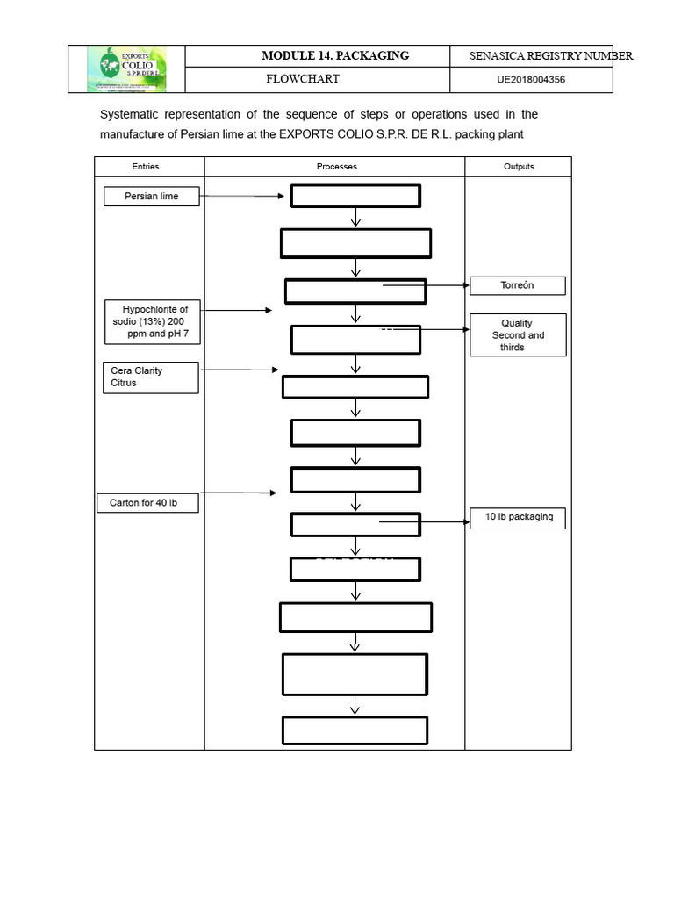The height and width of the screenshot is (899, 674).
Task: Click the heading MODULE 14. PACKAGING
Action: [x=335, y=55]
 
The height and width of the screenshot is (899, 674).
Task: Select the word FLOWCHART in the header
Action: [x=303, y=79]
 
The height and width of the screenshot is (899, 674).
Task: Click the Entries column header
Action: [x=146, y=166]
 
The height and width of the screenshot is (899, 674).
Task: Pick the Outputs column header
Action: [x=519, y=166]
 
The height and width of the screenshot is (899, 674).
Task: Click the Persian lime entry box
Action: [x=152, y=196]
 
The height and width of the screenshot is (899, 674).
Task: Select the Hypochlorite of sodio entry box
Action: [x=150, y=321]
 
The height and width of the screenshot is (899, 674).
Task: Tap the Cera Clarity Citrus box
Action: [x=150, y=377]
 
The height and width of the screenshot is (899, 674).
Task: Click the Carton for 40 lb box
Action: [x=147, y=503]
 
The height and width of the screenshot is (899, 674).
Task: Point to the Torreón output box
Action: [x=518, y=285]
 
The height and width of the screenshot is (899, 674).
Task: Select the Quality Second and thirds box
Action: [x=518, y=334]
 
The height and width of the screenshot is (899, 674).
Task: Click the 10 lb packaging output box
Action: [x=519, y=517]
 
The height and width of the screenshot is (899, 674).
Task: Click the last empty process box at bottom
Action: [x=355, y=730]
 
